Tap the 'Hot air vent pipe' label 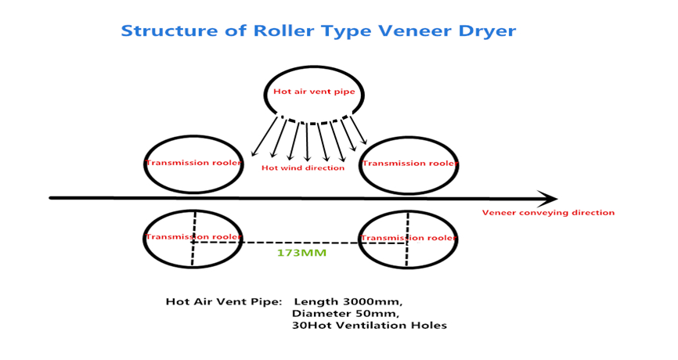(x=313, y=92)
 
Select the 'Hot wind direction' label (x=303, y=168)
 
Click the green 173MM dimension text (x=301, y=254)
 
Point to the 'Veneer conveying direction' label (x=548, y=213)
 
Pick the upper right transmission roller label (x=409, y=164)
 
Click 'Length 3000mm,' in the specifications (x=348, y=301)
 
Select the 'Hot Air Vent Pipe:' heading (x=224, y=301)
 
